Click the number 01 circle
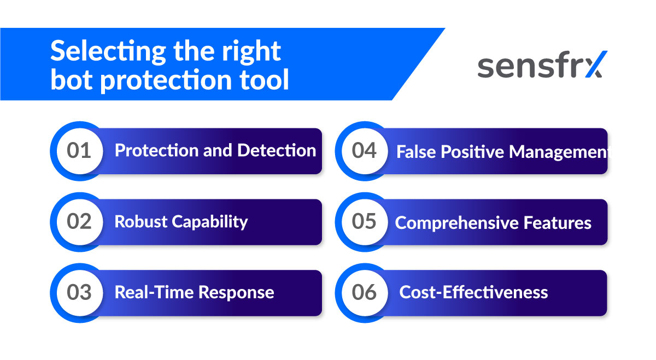pyautogui.click(x=79, y=151)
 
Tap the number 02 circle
pyautogui.click(x=79, y=222)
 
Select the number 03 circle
pyautogui.click(x=79, y=292)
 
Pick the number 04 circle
pyautogui.click(x=364, y=151)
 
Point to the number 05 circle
pyautogui.click(x=364, y=222)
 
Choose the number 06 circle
pyautogui.click(x=364, y=292)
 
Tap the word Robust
pyautogui.click(x=141, y=222)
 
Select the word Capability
pyautogui.click(x=210, y=222)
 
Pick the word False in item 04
pyautogui.click(x=414, y=152)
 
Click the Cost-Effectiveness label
pyautogui.click(x=473, y=292)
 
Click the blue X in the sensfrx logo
pyautogui.click(x=594, y=66)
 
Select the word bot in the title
pyautogui.click(x=70, y=80)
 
